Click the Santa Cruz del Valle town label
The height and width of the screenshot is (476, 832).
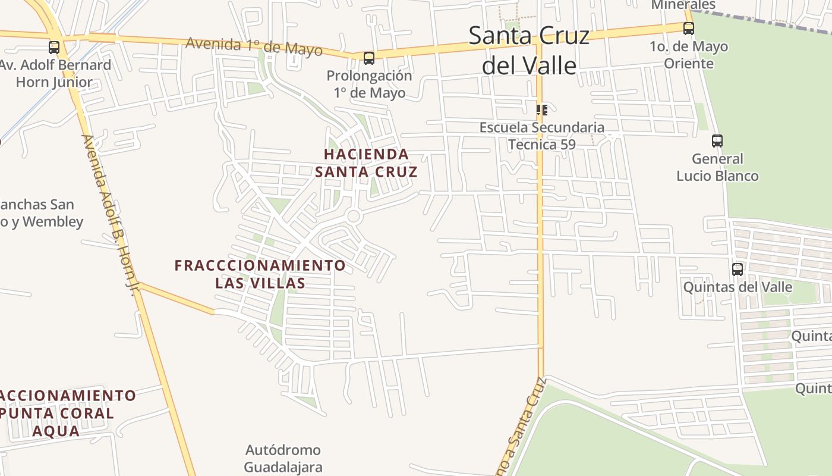point(529,50)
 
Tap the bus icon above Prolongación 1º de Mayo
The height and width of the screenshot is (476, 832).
point(369,58)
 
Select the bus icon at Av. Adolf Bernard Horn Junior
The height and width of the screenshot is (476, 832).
point(54,47)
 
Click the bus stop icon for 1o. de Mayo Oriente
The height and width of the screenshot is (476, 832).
point(688,28)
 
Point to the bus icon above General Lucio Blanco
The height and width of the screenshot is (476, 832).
point(717,141)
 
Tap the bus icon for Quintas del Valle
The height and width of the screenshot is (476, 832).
point(738,269)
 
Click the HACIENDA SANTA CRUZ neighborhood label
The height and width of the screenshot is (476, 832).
point(366,163)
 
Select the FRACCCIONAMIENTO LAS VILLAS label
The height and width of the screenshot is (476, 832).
point(260,274)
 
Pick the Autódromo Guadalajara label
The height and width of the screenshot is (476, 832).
point(283,458)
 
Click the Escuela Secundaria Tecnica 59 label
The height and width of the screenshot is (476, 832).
point(541,136)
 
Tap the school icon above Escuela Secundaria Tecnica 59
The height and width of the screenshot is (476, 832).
point(541,109)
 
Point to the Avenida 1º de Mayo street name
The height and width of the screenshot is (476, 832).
point(254,46)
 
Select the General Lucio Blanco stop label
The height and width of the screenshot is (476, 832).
point(717,167)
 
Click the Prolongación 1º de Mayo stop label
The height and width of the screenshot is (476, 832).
point(369,84)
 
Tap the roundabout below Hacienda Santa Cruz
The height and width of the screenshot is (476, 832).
point(354,216)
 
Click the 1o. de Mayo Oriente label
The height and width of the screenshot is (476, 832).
point(689,55)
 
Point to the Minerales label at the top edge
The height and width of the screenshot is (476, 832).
point(675,5)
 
